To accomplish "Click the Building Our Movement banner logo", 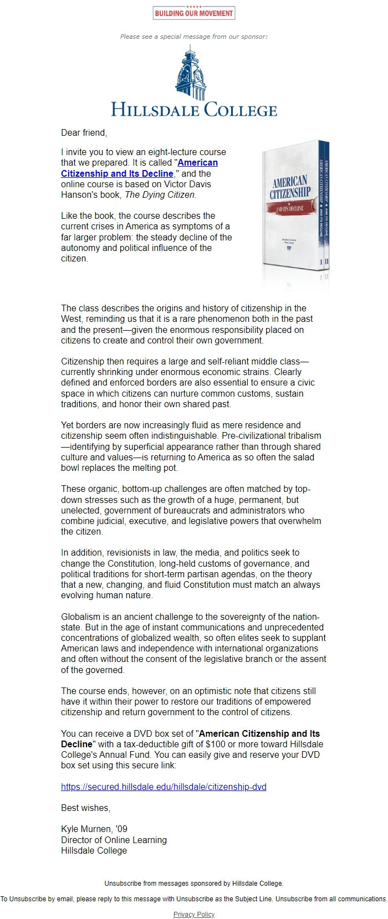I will [194, 13].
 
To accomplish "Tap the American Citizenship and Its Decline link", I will [139, 168].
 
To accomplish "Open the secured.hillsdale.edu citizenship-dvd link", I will [164, 787].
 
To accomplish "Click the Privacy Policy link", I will [194, 914].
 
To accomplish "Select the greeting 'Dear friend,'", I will [84, 132].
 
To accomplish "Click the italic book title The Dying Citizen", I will [160, 194].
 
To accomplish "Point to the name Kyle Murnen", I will [86, 829].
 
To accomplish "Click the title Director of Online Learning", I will [114, 840].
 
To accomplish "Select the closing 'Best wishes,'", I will [85, 808].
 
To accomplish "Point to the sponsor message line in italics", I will [194, 37].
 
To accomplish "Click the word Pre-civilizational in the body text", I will [267, 435].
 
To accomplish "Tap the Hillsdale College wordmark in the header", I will [194, 109].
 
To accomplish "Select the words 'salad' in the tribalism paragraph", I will [303, 457].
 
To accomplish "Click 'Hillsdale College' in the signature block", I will [94, 850].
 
